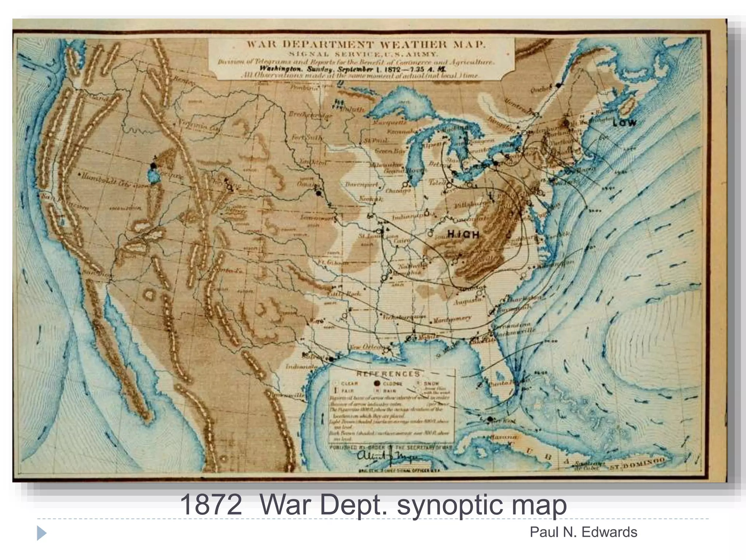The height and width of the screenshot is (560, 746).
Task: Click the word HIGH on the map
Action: tap(463, 234)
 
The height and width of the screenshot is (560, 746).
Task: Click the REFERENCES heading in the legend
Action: tap(388, 374)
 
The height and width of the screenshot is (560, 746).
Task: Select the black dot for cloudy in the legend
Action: tap(377, 383)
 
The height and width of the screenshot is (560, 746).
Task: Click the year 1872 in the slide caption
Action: tap(211, 505)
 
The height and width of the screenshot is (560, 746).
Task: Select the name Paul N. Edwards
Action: tap(583, 532)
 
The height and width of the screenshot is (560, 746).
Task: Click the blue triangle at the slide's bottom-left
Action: tap(42, 533)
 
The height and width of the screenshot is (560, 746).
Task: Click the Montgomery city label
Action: tap(452, 319)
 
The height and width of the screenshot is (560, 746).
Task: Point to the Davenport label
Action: tap(362, 184)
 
